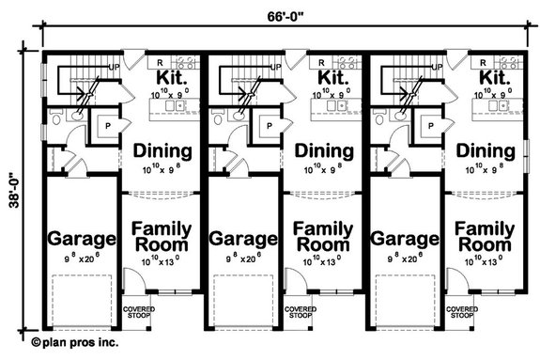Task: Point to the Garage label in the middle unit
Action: tap(242, 239)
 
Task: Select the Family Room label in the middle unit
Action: tap(325, 237)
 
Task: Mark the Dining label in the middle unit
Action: tap(325, 151)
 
